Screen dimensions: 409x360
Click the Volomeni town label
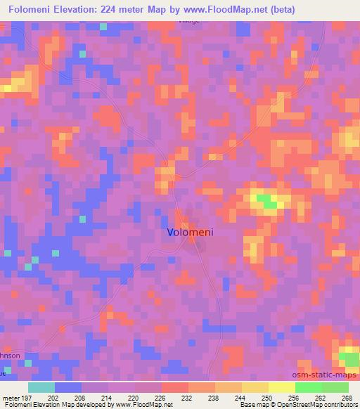tap(190, 231)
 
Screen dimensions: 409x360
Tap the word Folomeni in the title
tap(33, 9)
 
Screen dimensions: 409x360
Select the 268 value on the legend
tap(346, 398)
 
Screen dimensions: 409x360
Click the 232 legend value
tap(186, 398)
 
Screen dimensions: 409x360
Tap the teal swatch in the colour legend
tap(41, 387)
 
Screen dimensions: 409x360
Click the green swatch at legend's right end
tap(335, 387)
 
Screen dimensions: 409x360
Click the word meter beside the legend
tap(10, 398)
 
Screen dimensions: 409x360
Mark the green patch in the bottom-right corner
tap(349, 358)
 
